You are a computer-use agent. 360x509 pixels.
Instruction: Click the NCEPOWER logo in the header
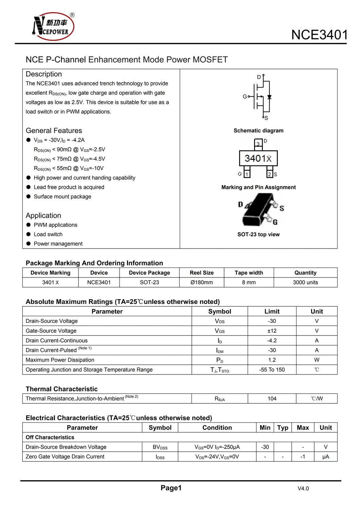pyautogui.click(x=53, y=26)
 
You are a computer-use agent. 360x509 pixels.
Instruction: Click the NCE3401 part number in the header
pyautogui.click(x=319, y=35)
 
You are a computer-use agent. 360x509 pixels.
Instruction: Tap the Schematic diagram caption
pyautogui.click(x=258, y=131)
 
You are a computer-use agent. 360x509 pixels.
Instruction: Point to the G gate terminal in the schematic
pyautogui.click(x=245, y=97)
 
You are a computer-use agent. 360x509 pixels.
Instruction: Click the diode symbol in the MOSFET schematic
pyautogui.click(x=269, y=97)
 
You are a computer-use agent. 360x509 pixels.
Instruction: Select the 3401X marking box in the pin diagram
pyautogui.click(x=258, y=158)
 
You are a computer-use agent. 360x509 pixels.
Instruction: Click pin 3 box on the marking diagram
pyautogui.click(x=258, y=144)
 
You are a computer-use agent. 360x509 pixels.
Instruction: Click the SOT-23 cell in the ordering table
pyautogui.click(x=149, y=283)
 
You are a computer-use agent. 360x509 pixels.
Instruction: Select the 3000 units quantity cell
pyautogui.click(x=305, y=283)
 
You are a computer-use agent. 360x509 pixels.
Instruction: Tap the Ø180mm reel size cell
pyautogui.click(x=201, y=283)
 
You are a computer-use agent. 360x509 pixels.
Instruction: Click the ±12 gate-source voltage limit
pyautogui.click(x=272, y=331)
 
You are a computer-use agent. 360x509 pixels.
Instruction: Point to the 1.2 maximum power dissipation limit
pyautogui.click(x=272, y=360)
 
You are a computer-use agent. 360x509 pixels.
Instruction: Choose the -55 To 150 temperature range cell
pyautogui.click(x=272, y=370)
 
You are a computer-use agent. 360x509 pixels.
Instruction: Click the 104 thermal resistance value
pyautogui.click(x=272, y=399)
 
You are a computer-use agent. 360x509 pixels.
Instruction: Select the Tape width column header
pyautogui.click(x=249, y=273)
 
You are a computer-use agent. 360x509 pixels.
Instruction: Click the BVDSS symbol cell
pyautogui.click(x=160, y=447)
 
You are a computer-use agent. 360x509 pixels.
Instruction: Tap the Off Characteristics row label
pyautogui.click(x=50, y=437)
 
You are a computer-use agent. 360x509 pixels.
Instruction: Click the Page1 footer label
pyautogui.click(x=171, y=488)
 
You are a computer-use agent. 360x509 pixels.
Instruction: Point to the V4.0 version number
pyautogui.click(x=303, y=489)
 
